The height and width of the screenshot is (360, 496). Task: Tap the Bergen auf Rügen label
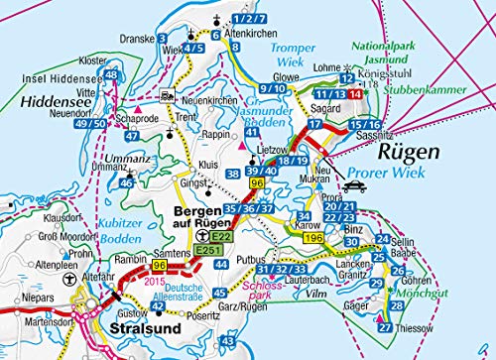pos(207,218)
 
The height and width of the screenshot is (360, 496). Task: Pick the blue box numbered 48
pos(111,75)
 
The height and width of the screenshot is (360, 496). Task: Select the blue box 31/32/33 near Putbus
pos(278,270)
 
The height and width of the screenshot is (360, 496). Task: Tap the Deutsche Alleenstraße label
pos(179,294)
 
